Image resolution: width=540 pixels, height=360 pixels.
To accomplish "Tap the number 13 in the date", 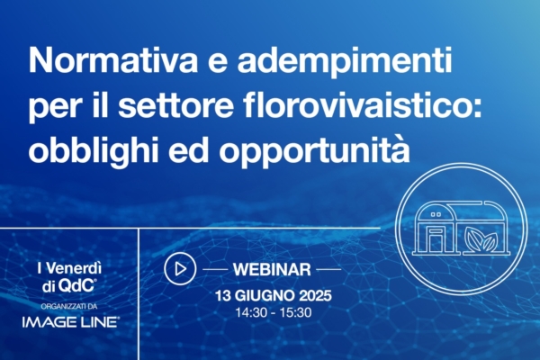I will pyautogui.click(x=221, y=294).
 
